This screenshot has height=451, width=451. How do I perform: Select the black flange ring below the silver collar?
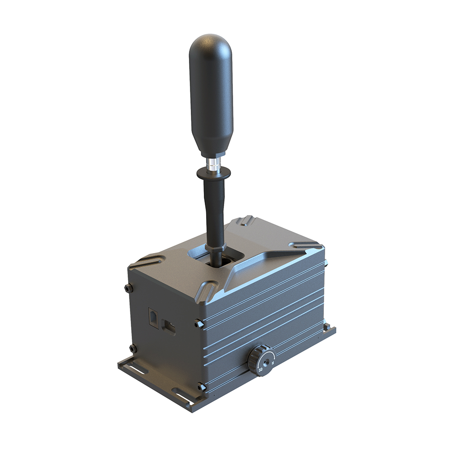[213, 173]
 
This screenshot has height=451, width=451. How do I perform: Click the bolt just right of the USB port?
[198, 323]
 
